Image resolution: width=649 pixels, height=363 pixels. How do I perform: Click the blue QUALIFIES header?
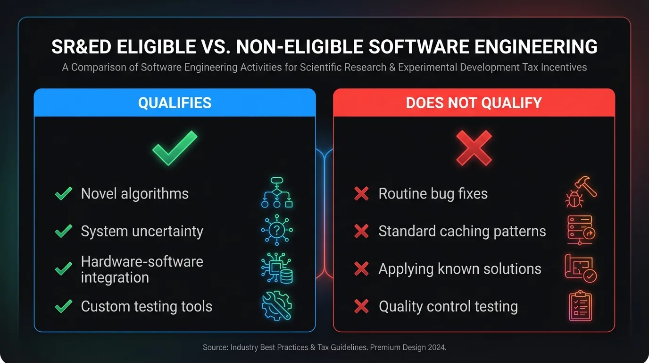[x=175, y=103]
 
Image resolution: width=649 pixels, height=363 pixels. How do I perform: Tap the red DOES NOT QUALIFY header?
[x=474, y=103]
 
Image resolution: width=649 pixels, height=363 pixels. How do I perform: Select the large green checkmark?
[x=174, y=147]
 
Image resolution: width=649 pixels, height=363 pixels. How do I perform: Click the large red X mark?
[x=474, y=148]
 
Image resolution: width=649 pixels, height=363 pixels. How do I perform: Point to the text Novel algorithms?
[x=134, y=194]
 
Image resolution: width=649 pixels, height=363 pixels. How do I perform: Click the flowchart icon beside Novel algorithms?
[x=277, y=193]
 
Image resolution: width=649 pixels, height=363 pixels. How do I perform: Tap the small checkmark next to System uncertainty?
[x=63, y=231]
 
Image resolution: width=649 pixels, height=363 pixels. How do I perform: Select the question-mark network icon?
[x=277, y=230]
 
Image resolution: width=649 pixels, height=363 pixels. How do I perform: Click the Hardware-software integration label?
[x=141, y=269]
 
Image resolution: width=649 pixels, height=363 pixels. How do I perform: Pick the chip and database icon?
[x=277, y=268]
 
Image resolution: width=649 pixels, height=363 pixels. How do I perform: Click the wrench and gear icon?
[x=277, y=306]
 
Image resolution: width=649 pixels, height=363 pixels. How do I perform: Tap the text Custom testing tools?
[x=146, y=306]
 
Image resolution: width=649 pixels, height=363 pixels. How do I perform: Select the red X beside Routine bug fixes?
[x=361, y=194]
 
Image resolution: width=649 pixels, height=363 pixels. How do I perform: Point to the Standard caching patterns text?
[x=462, y=231]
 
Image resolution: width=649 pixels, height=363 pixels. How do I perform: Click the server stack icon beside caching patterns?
[x=581, y=230]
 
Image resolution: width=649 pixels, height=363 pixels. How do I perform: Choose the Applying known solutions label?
[x=459, y=269]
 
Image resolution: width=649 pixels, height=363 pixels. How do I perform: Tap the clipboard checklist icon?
[x=580, y=306]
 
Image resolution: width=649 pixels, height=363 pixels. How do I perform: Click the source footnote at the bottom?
[x=324, y=347]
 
